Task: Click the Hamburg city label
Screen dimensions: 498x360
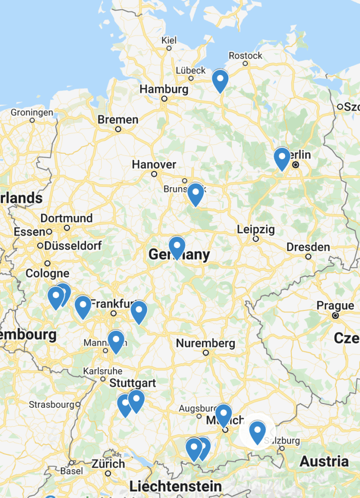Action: click(164, 90)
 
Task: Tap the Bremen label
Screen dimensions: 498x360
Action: click(118, 119)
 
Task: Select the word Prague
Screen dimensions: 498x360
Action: click(335, 306)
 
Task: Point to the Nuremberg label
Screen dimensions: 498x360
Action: click(206, 343)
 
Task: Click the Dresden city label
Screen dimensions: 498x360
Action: click(308, 247)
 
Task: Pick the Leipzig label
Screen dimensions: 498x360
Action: click(256, 229)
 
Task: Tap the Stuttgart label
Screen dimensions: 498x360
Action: click(132, 382)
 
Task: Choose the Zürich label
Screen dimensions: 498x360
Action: click(108, 464)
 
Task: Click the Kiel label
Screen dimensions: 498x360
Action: click(168, 40)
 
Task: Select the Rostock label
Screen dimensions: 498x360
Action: click(245, 56)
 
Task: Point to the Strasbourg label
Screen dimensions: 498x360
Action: click(52, 405)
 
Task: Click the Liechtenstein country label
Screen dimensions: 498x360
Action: click(175, 486)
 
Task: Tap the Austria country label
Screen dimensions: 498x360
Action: click(324, 461)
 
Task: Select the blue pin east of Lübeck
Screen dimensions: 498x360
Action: click(220, 80)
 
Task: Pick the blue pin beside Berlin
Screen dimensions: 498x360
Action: click(282, 158)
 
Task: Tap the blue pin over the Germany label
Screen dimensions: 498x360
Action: click(177, 246)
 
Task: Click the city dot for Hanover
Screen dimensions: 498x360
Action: click(154, 174)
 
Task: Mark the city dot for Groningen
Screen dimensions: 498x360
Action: click(32, 119)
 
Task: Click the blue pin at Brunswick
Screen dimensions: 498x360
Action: click(195, 194)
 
